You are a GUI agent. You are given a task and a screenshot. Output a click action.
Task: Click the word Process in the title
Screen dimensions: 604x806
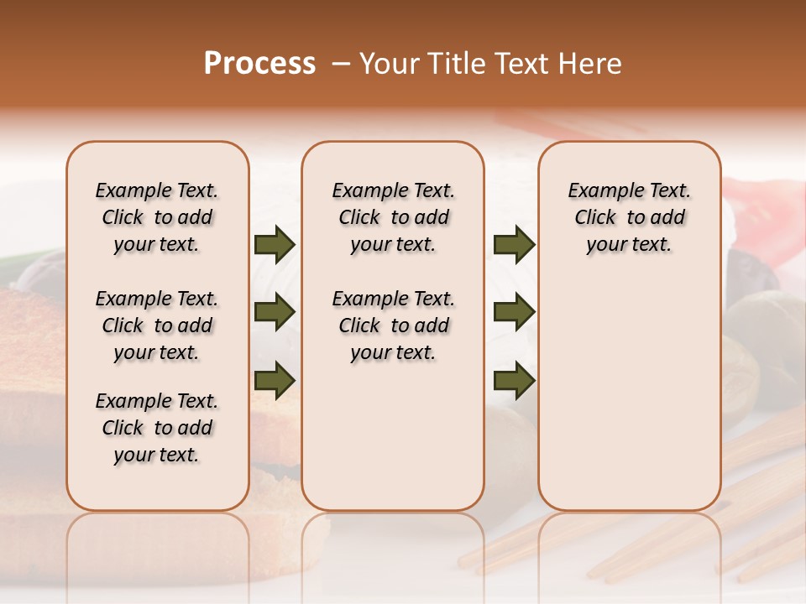[259, 64]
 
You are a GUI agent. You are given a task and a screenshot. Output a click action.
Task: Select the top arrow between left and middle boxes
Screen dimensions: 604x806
[275, 245]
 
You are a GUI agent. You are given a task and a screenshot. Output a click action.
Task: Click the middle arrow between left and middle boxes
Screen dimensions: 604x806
[275, 313]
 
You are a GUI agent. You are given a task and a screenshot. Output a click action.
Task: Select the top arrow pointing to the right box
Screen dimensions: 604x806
[514, 245]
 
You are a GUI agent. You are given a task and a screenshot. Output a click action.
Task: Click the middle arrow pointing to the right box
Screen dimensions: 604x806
[514, 313]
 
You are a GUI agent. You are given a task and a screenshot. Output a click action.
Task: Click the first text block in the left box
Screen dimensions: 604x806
[157, 217]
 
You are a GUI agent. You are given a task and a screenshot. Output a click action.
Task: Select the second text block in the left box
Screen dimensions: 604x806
[157, 325]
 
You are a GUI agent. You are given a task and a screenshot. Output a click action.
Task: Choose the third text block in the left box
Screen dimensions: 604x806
[157, 428]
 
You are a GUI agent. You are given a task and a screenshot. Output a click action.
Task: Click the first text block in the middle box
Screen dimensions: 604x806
[394, 217]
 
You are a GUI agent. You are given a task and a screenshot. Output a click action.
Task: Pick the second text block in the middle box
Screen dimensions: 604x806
[394, 325]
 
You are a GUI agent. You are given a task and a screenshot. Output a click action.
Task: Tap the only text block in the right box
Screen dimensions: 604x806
[630, 217]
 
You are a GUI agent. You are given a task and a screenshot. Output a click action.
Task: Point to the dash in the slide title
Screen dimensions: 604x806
[341, 64]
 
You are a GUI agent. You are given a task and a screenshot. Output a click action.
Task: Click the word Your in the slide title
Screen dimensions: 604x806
[385, 64]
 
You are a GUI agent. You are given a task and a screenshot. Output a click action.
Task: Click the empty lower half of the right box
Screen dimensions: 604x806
[630, 403]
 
